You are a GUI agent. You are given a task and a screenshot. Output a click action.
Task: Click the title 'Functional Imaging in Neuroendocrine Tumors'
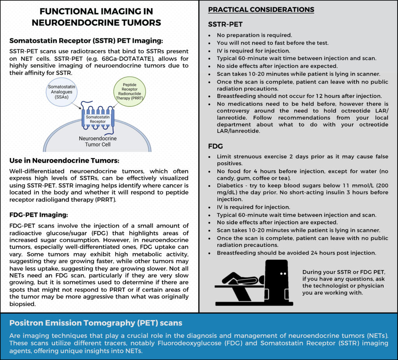(x=96, y=17)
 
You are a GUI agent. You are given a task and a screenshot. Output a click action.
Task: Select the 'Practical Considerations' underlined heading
(x=261, y=9)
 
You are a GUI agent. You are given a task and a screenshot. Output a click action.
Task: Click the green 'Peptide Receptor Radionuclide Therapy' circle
(x=130, y=92)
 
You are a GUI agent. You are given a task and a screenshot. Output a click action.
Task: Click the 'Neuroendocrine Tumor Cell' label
(x=97, y=142)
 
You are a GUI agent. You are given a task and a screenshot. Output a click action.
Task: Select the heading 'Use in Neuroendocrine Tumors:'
(x=64, y=161)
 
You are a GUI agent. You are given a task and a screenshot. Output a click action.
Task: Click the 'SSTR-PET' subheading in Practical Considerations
(x=225, y=24)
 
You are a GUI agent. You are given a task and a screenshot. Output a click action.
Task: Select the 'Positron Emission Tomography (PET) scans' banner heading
(x=96, y=323)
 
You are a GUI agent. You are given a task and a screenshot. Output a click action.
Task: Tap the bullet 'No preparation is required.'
(x=253, y=35)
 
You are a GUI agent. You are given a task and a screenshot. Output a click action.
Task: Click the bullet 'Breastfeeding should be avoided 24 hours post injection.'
(x=296, y=253)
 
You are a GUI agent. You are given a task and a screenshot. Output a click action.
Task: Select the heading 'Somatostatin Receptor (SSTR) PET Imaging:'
(x=86, y=40)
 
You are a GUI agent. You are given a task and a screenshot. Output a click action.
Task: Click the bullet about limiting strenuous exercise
(x=302, y=160)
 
